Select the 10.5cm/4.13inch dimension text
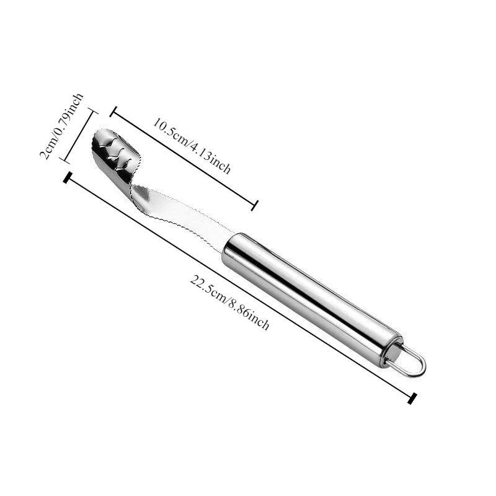click(x=192, y=145)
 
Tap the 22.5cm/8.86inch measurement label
click(x=229, y=302)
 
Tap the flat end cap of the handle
click(x=392, y=353)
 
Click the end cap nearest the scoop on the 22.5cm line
click(x=66, y=178)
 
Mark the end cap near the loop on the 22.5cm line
click(x=412, y=398)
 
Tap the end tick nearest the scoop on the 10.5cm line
click(x=113, y=112)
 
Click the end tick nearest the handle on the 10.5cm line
click(x=254, y=205)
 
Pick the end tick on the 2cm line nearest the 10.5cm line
click(x=92, y=112)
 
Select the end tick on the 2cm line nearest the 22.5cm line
click(x=63, y=160)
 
